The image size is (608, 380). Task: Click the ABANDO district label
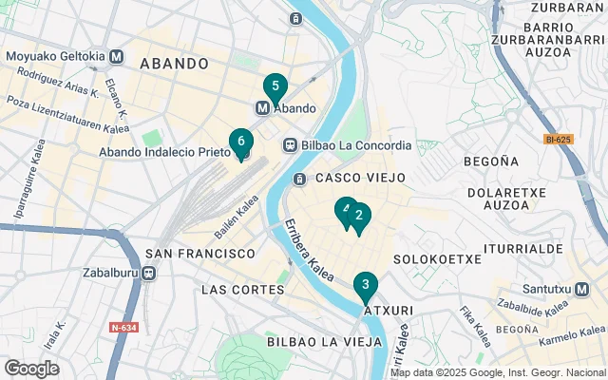(x=174, y=64)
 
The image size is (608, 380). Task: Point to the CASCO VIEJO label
(x=360, y=178)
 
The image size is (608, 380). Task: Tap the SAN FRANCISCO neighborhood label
(x=200, y=254)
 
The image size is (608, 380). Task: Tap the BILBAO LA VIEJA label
(x=319, y=341)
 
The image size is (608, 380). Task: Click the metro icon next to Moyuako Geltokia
(x=117, y=56)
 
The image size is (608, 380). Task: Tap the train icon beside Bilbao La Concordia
(x=290, y=145)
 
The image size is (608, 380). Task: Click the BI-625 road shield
(x=559, y=140)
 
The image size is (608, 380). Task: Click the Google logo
(x=31, y=369)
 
